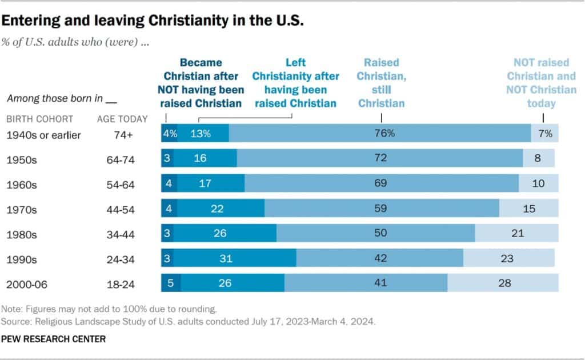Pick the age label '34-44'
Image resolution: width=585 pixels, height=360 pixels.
coord(122,233)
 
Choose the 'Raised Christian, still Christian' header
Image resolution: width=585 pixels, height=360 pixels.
coord(381,82)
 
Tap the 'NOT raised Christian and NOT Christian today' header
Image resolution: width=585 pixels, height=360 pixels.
coord(544,82)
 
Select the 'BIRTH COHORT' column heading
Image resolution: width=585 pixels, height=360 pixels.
coord(39,119)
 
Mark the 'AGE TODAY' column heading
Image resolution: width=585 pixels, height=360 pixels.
coord(122,119)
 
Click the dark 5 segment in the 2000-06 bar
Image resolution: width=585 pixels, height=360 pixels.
coord(171,282)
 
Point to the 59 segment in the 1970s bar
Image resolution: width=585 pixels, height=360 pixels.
coord(382,209)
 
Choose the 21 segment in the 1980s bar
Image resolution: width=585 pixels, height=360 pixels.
coord(517,233)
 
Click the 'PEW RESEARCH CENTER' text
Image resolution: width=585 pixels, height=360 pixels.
coord(53,339)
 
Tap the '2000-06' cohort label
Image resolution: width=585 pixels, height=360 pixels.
coord(26,282)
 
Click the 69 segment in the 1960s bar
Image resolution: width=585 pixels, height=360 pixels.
coord(382,183)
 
